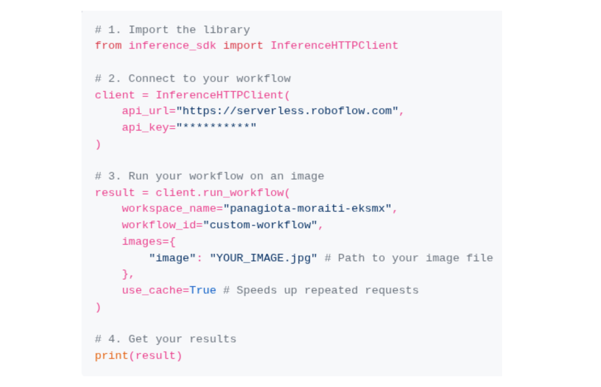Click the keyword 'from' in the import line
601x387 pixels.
tap(108, 45)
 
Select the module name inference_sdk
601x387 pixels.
tap(172, 45)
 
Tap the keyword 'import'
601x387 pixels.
tap(243, 45)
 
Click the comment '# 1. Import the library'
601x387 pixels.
tap(172, 30)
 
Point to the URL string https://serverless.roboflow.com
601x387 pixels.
tap(287, 111)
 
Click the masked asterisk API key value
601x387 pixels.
tap(216, 127)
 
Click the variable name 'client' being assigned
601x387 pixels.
tap(115, 95)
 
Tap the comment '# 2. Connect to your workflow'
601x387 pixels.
tap(192, 79)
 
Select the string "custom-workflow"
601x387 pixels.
tap(260, 225)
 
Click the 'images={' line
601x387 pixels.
tap(149, 241)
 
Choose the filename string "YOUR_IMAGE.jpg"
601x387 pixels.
tap(263, 258)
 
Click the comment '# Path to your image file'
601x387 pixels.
tap(409, 258)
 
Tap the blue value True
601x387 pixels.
tap(202, 290)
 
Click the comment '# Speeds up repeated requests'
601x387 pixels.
tap(321, 290)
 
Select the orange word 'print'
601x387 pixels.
tap(111, 356)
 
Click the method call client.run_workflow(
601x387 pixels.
tap(223, 193)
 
